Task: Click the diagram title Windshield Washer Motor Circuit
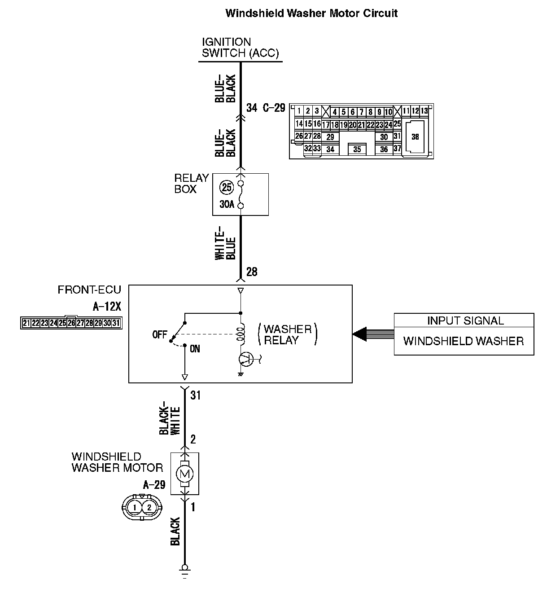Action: click(311, 13)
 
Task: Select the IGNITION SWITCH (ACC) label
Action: click(240, 48)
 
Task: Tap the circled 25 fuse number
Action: click(227, 187)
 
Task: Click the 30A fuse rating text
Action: click(227, 205)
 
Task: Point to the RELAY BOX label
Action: click(192, 184)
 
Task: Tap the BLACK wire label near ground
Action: click(175, 531)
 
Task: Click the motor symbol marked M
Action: click(184, 473)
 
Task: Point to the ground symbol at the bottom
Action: click(184, 570)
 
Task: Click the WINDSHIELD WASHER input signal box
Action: click(464, 341)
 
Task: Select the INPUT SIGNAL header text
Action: click(465, 321)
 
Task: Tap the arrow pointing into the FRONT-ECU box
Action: click(360, 334)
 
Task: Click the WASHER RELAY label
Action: click(288, 334)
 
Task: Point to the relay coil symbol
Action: click(241, 334)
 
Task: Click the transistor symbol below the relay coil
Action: click(245, 358)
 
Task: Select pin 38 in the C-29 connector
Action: click(415, 136)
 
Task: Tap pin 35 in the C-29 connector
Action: click(357, 149)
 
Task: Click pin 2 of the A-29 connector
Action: click(150, 508)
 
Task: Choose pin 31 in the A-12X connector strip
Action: click(116, 323)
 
